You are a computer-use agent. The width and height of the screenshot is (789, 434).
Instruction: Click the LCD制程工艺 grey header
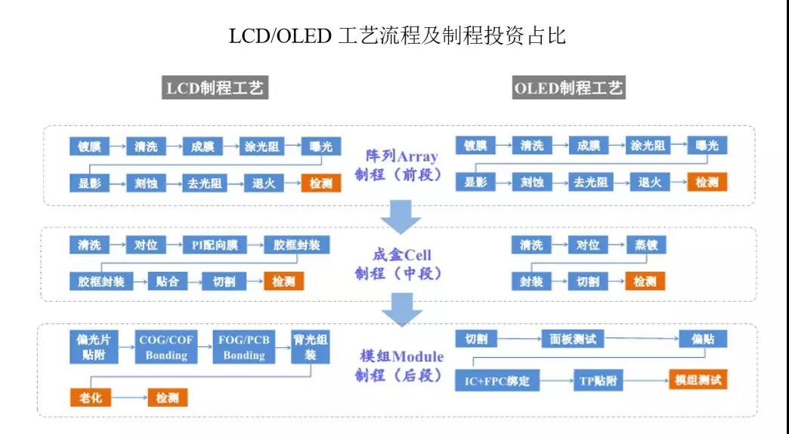(215, 88)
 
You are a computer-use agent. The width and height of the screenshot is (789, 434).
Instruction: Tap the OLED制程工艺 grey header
(568, 88)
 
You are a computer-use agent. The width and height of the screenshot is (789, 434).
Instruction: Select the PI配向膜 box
(215, 245)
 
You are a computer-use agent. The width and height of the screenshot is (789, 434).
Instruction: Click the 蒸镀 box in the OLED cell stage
(646, 245)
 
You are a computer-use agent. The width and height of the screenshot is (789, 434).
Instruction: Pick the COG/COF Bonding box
(166, 347)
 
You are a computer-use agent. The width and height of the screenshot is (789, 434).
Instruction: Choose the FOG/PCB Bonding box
(244, 347)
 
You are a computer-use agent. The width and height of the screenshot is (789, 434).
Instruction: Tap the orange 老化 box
(90, 398)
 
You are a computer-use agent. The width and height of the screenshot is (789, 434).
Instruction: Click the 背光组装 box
(311, 347)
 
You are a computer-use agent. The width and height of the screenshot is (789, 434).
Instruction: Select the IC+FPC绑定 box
(497, 380)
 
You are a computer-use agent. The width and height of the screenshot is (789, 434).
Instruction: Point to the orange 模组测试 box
(698, 380)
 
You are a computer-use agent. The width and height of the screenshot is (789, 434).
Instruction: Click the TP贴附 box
(599, 380)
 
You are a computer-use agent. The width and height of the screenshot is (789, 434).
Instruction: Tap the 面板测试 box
(573, 339)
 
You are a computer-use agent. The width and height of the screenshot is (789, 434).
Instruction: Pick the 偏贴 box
(703, 339)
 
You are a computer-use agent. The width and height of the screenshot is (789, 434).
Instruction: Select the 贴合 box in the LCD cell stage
(167, 282)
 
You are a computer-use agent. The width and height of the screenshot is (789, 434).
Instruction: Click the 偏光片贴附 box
(94, 347)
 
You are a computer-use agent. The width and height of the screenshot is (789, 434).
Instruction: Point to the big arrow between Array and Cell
(401, 217)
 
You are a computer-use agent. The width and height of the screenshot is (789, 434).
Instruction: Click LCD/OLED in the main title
(280, 36)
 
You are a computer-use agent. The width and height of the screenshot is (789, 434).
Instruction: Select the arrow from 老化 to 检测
(129, 398)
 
